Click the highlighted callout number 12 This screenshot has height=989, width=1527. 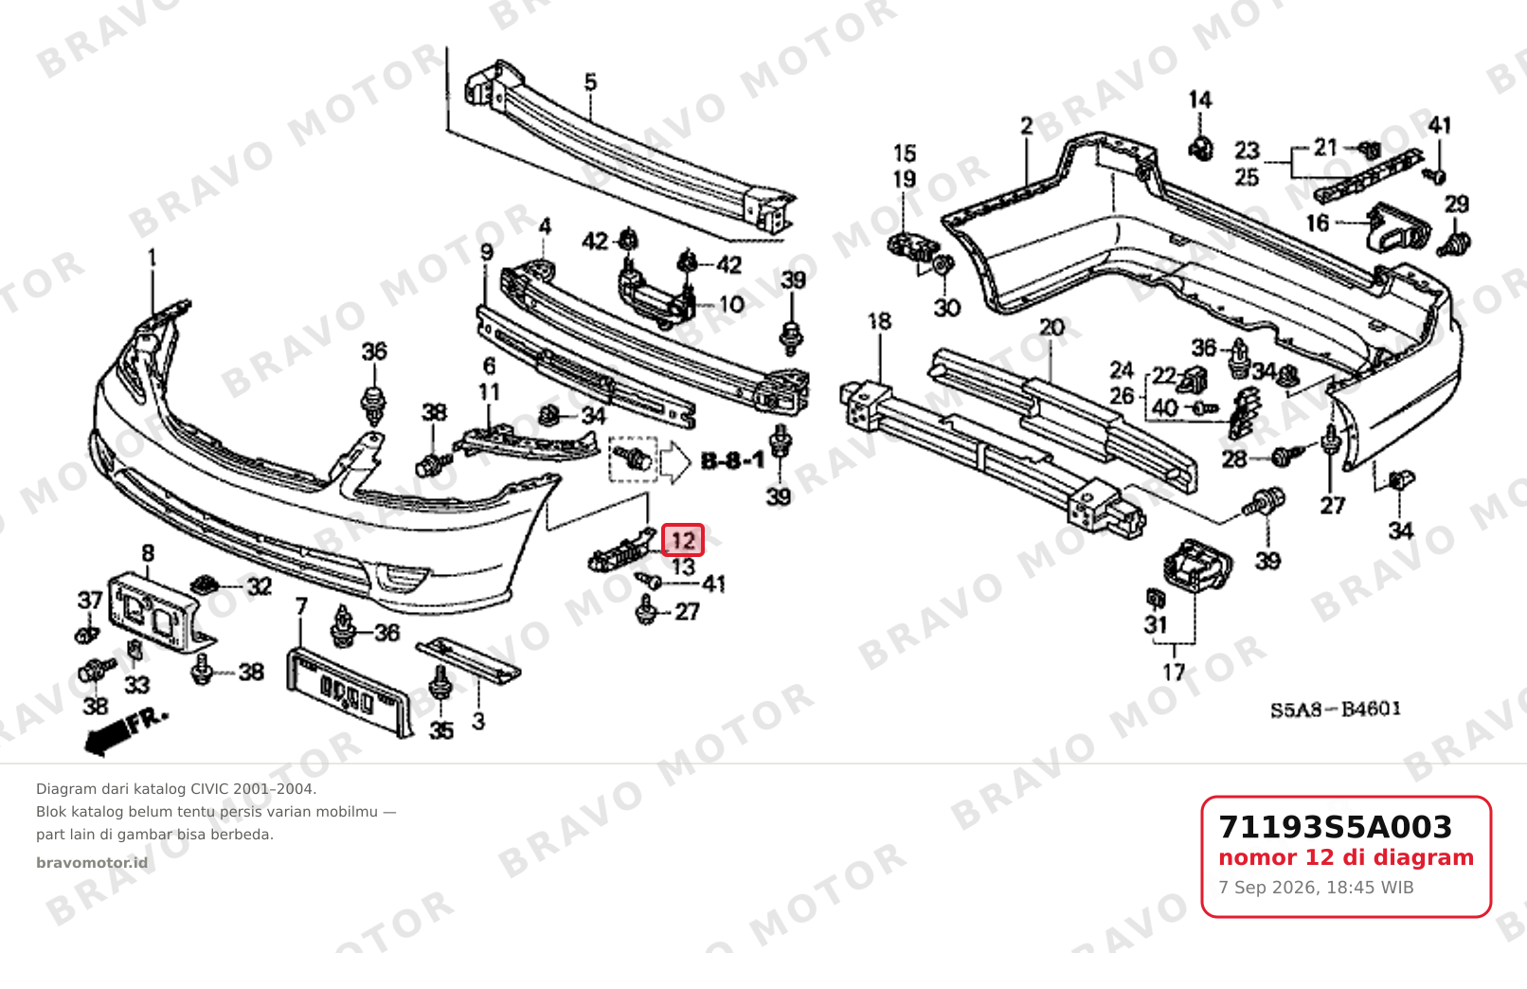682,541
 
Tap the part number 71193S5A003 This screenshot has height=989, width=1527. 1335,827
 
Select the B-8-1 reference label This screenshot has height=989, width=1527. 733,461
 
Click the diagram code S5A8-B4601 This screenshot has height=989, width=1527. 1336,710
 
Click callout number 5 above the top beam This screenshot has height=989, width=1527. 590,82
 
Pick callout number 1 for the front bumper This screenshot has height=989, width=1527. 152,258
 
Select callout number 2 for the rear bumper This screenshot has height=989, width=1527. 1027,125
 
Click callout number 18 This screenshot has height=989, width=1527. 879,321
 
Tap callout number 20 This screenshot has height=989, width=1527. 1051,327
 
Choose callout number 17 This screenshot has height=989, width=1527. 1174,673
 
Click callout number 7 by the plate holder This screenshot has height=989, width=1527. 301,606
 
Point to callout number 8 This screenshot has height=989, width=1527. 148,553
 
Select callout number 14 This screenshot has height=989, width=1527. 1200,100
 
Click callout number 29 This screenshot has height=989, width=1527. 1457,204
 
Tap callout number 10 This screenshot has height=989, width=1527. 732,304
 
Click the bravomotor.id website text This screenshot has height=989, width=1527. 92,863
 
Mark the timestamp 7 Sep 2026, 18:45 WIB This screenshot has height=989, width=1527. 1316,888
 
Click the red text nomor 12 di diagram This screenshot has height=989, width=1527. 1346,857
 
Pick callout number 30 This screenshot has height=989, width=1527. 947,308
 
